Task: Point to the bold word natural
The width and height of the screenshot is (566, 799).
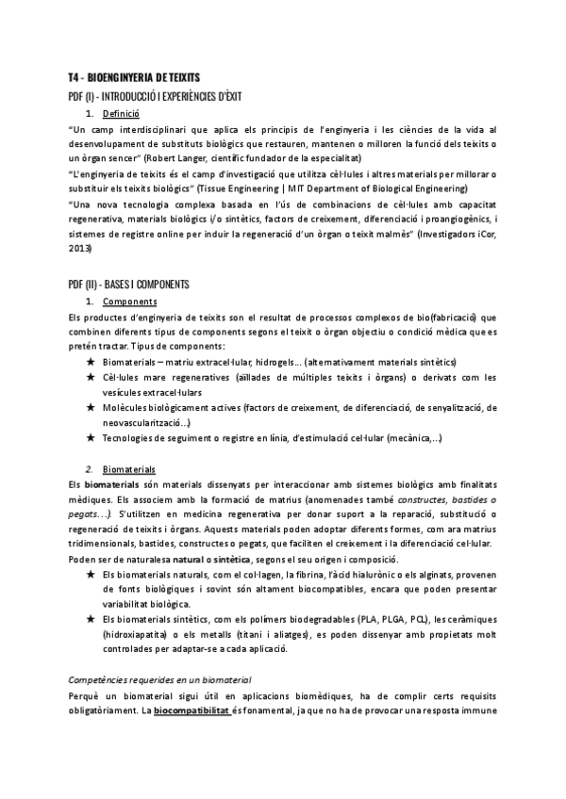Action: point(190,559)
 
